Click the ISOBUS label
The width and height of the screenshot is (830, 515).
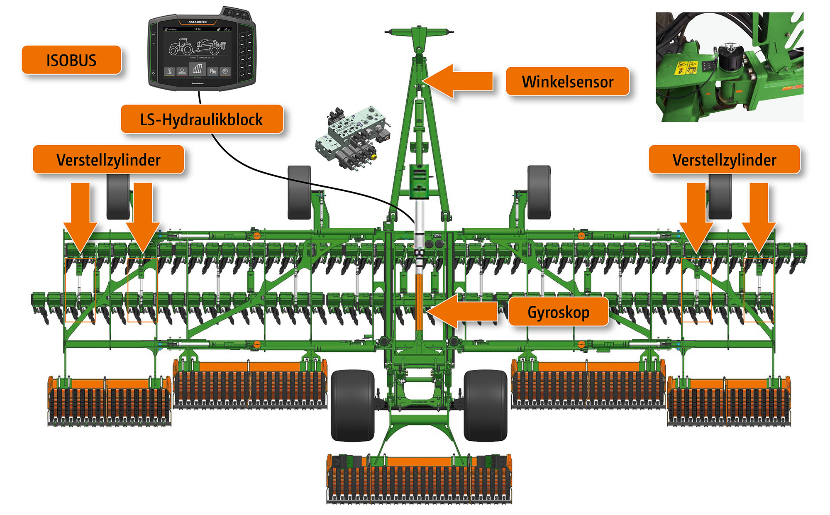pos(71,60)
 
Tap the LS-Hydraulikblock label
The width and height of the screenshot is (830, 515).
pos(202,120)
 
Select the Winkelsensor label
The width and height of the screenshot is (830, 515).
pos(567,81)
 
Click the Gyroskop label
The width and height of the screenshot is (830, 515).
pos(558,312)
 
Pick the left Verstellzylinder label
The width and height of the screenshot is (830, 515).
pos(108,160)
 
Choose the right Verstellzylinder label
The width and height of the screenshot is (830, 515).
pos(724,160)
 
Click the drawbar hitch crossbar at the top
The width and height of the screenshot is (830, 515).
pos(419,32)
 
